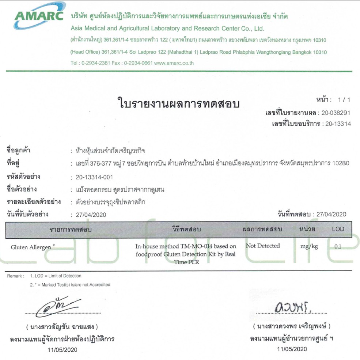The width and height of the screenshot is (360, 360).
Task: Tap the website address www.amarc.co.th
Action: coord(174,63)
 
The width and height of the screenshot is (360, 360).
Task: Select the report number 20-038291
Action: coord(336,113)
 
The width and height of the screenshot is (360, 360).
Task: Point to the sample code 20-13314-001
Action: coord(94,177)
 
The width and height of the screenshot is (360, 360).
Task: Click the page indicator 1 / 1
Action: coord(344,99)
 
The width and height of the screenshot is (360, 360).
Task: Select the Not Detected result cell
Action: coord(263,246)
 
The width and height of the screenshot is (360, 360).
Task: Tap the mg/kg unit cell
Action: coord(309,246)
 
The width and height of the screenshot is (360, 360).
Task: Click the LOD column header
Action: coord(338,229)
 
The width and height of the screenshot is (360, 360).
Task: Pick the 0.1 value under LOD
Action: coord(338,246)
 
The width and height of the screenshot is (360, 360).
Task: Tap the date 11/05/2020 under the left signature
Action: coord(62,349)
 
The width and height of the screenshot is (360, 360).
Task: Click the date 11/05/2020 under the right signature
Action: coord(292,349)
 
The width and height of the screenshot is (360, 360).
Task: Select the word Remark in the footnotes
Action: coord(15,276)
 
